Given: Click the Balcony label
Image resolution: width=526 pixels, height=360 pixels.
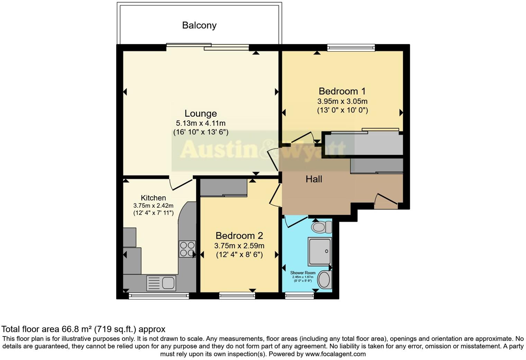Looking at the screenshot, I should [x=199, y=25].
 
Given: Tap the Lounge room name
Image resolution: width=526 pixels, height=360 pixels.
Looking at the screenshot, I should [x=201, y=114].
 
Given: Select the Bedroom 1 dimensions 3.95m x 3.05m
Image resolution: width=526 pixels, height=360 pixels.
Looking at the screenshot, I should [x=342, y=102].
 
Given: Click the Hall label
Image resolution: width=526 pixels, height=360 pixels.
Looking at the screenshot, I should [x=314, y=179].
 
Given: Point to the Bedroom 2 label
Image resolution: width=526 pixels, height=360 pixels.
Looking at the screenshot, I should [x=239, y=236].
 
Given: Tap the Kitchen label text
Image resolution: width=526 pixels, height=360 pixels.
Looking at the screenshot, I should [x=153, y=198].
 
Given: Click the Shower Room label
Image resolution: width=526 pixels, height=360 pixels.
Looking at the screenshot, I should [x=303, y=273].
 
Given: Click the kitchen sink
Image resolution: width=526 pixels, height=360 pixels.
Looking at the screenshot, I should [x=161, y=283].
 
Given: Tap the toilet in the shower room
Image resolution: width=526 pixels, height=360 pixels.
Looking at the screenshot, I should [x=321, y=227].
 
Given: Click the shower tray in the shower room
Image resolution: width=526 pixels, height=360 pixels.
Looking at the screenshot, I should [x=320, y=251].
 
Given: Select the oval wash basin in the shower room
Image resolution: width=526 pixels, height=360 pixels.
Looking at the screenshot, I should [x=325, y=280].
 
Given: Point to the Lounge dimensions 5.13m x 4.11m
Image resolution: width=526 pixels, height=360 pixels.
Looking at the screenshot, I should [x=201, y=123].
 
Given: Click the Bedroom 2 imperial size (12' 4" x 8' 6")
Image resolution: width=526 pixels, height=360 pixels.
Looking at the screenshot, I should [x=239, y=255].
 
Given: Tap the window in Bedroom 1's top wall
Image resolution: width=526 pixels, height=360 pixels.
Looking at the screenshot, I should [x=351, y=47].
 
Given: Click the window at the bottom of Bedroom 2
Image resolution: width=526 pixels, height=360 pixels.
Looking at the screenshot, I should [x=237, y=295].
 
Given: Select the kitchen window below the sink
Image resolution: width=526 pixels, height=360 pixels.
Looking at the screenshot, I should [x=159, y=296].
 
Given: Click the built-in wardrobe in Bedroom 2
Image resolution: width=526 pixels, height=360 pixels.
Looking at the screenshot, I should [x=224, y=188].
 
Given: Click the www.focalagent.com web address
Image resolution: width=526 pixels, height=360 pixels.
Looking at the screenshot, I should [x=335, y=354].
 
